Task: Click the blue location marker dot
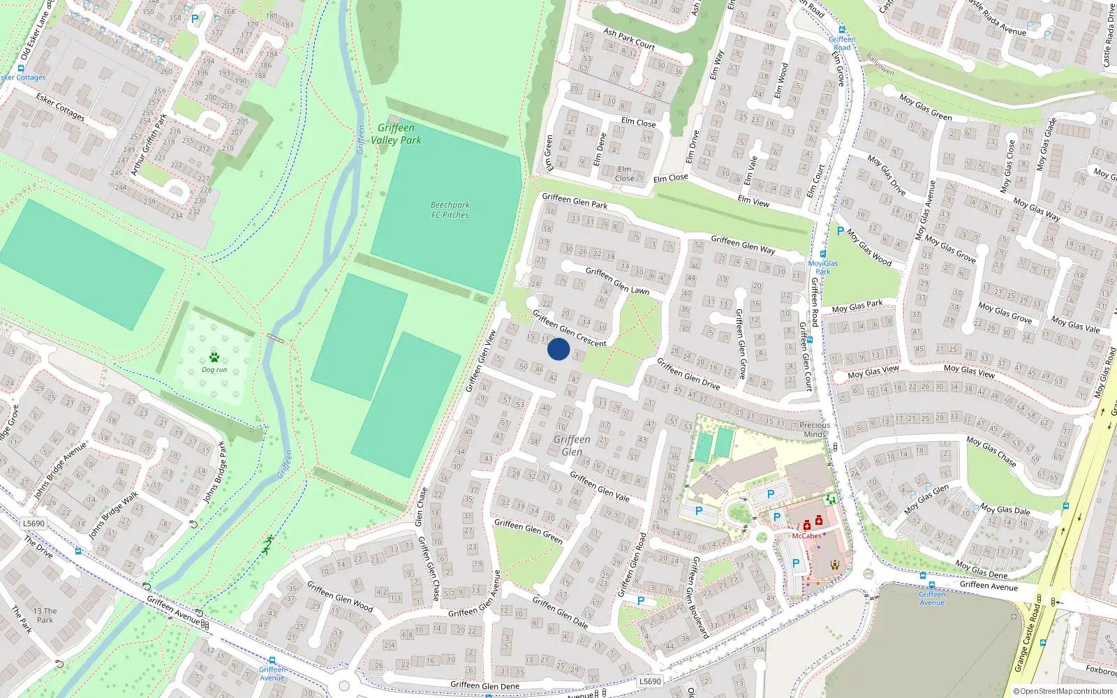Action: (x=558, y=349)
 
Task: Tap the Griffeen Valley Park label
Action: (x=396, y=134)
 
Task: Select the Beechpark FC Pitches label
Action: (x=450, y=210)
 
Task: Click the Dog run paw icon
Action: (x=214, y=357)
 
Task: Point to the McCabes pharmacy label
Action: (x=806, y=536)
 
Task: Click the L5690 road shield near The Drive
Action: (x=34, y=523)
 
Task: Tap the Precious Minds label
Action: (x=815, y=429)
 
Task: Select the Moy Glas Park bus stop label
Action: (x=823, y=267)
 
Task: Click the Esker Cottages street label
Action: (x=60, y=107)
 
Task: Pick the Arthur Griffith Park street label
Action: (x=149, y=144)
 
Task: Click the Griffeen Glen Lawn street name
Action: (x=617, y=281)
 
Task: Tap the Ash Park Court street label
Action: (x=629, y=39)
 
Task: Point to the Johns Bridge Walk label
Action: (x=114, y=515)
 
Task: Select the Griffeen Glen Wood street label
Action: (x=340, y=597)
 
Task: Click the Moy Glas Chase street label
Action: (x=991, y=452)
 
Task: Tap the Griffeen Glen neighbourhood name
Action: (x=572, y=445)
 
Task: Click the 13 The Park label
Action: (x=45, y=615)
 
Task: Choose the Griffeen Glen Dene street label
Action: (x=484, y=685)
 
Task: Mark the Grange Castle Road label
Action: (x=1030, y=638)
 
